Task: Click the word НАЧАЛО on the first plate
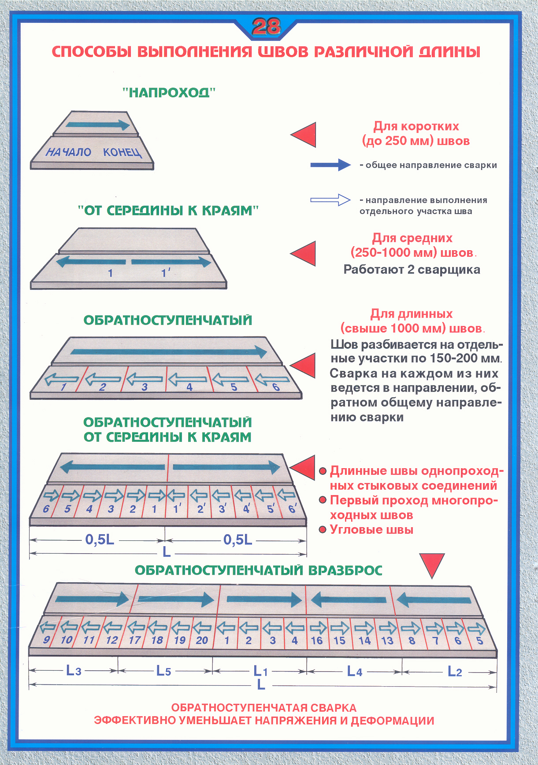[68, 152]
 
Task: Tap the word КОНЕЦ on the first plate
[122, 152]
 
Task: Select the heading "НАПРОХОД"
[169, 92]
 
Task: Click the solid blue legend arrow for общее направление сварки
[330, 165]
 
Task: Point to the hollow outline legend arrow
[330, 200]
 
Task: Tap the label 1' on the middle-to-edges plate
[165, 273]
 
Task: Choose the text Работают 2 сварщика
[412, 270]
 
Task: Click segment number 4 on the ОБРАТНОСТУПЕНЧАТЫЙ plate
[189, 387]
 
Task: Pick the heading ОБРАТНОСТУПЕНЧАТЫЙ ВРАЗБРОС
[258, 570]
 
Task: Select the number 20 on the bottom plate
[202, 640]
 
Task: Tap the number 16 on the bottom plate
[317, 641]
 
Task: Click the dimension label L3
[74, 671]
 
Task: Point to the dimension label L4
[355, 671]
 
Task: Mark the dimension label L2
[455, 671]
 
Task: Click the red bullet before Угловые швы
[323, 529]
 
